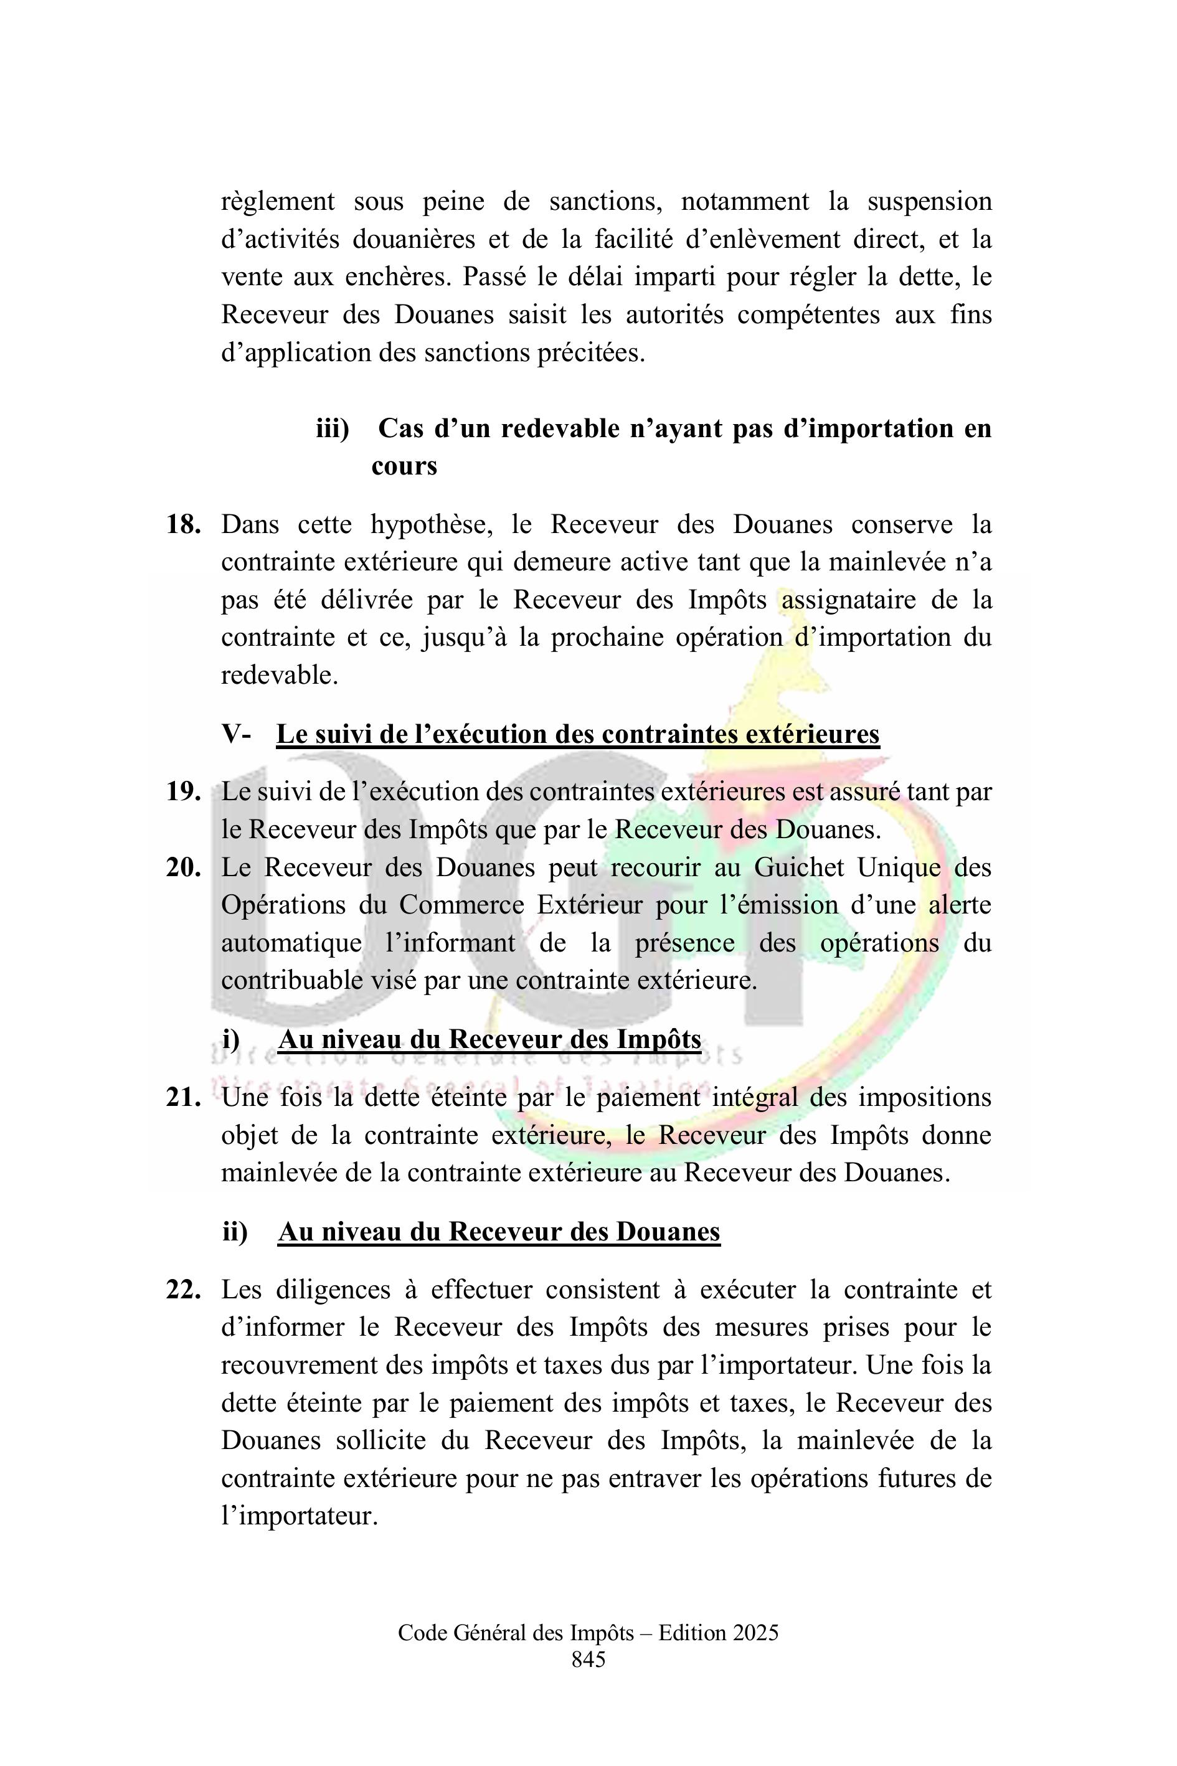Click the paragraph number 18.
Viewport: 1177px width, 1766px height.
point(183,524)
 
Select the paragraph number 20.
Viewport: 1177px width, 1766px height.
point(183,867)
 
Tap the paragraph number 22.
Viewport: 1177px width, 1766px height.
point(183,1290)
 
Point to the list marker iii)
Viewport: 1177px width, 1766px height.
point(332,428)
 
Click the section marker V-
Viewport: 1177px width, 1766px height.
point(237,734)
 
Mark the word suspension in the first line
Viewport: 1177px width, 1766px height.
point(929,201)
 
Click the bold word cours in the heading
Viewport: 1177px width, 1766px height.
point(404,466)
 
